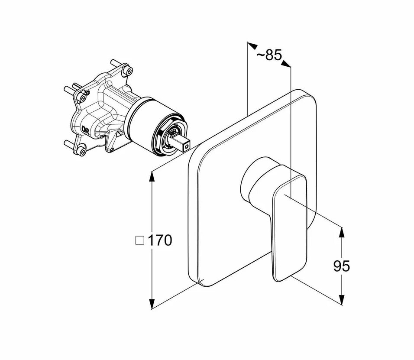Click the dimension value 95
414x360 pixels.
coord(342,266)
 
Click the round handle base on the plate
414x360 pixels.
coord(256,182)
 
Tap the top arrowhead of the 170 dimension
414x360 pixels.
coord(152,175)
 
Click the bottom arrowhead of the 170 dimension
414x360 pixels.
coord(152,305)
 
